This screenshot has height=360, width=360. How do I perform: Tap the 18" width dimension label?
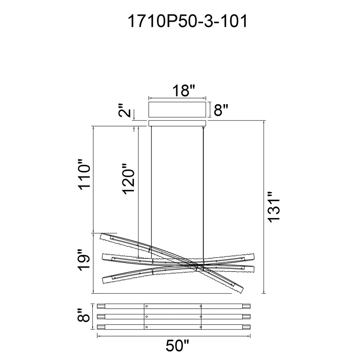point(184,91)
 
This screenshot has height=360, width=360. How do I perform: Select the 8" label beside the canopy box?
point(221,110)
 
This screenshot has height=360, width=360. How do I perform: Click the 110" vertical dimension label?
point(85,176)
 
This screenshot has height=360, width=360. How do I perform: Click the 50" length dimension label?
point(175,347)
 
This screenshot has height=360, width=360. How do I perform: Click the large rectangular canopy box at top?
point(178,110)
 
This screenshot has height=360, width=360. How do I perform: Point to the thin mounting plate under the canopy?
point(178,123)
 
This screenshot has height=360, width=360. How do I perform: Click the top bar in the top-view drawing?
point(174,306)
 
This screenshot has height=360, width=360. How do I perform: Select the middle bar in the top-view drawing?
point(174,317)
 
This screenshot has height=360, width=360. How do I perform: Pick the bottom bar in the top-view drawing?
point(174,327)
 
